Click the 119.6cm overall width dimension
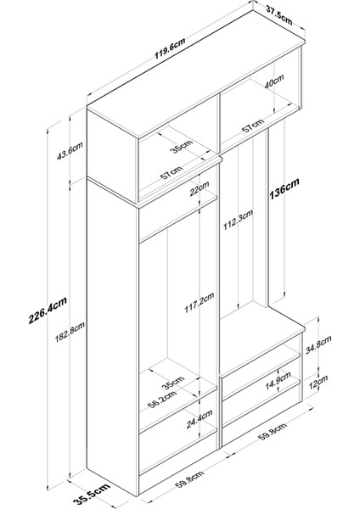170,48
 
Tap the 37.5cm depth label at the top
279,15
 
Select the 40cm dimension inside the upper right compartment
274,81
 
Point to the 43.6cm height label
70,151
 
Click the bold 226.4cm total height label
48,310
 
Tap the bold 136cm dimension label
284,188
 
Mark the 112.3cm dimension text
238,220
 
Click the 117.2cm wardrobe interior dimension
200,302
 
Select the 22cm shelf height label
200,189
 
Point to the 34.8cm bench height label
318,344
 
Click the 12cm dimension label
318,382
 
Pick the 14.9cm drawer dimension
278,380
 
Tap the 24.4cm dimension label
200,419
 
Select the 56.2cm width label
162,399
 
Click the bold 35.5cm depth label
92,494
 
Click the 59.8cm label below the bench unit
273,432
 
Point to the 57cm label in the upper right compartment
253,126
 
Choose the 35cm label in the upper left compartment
182,146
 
